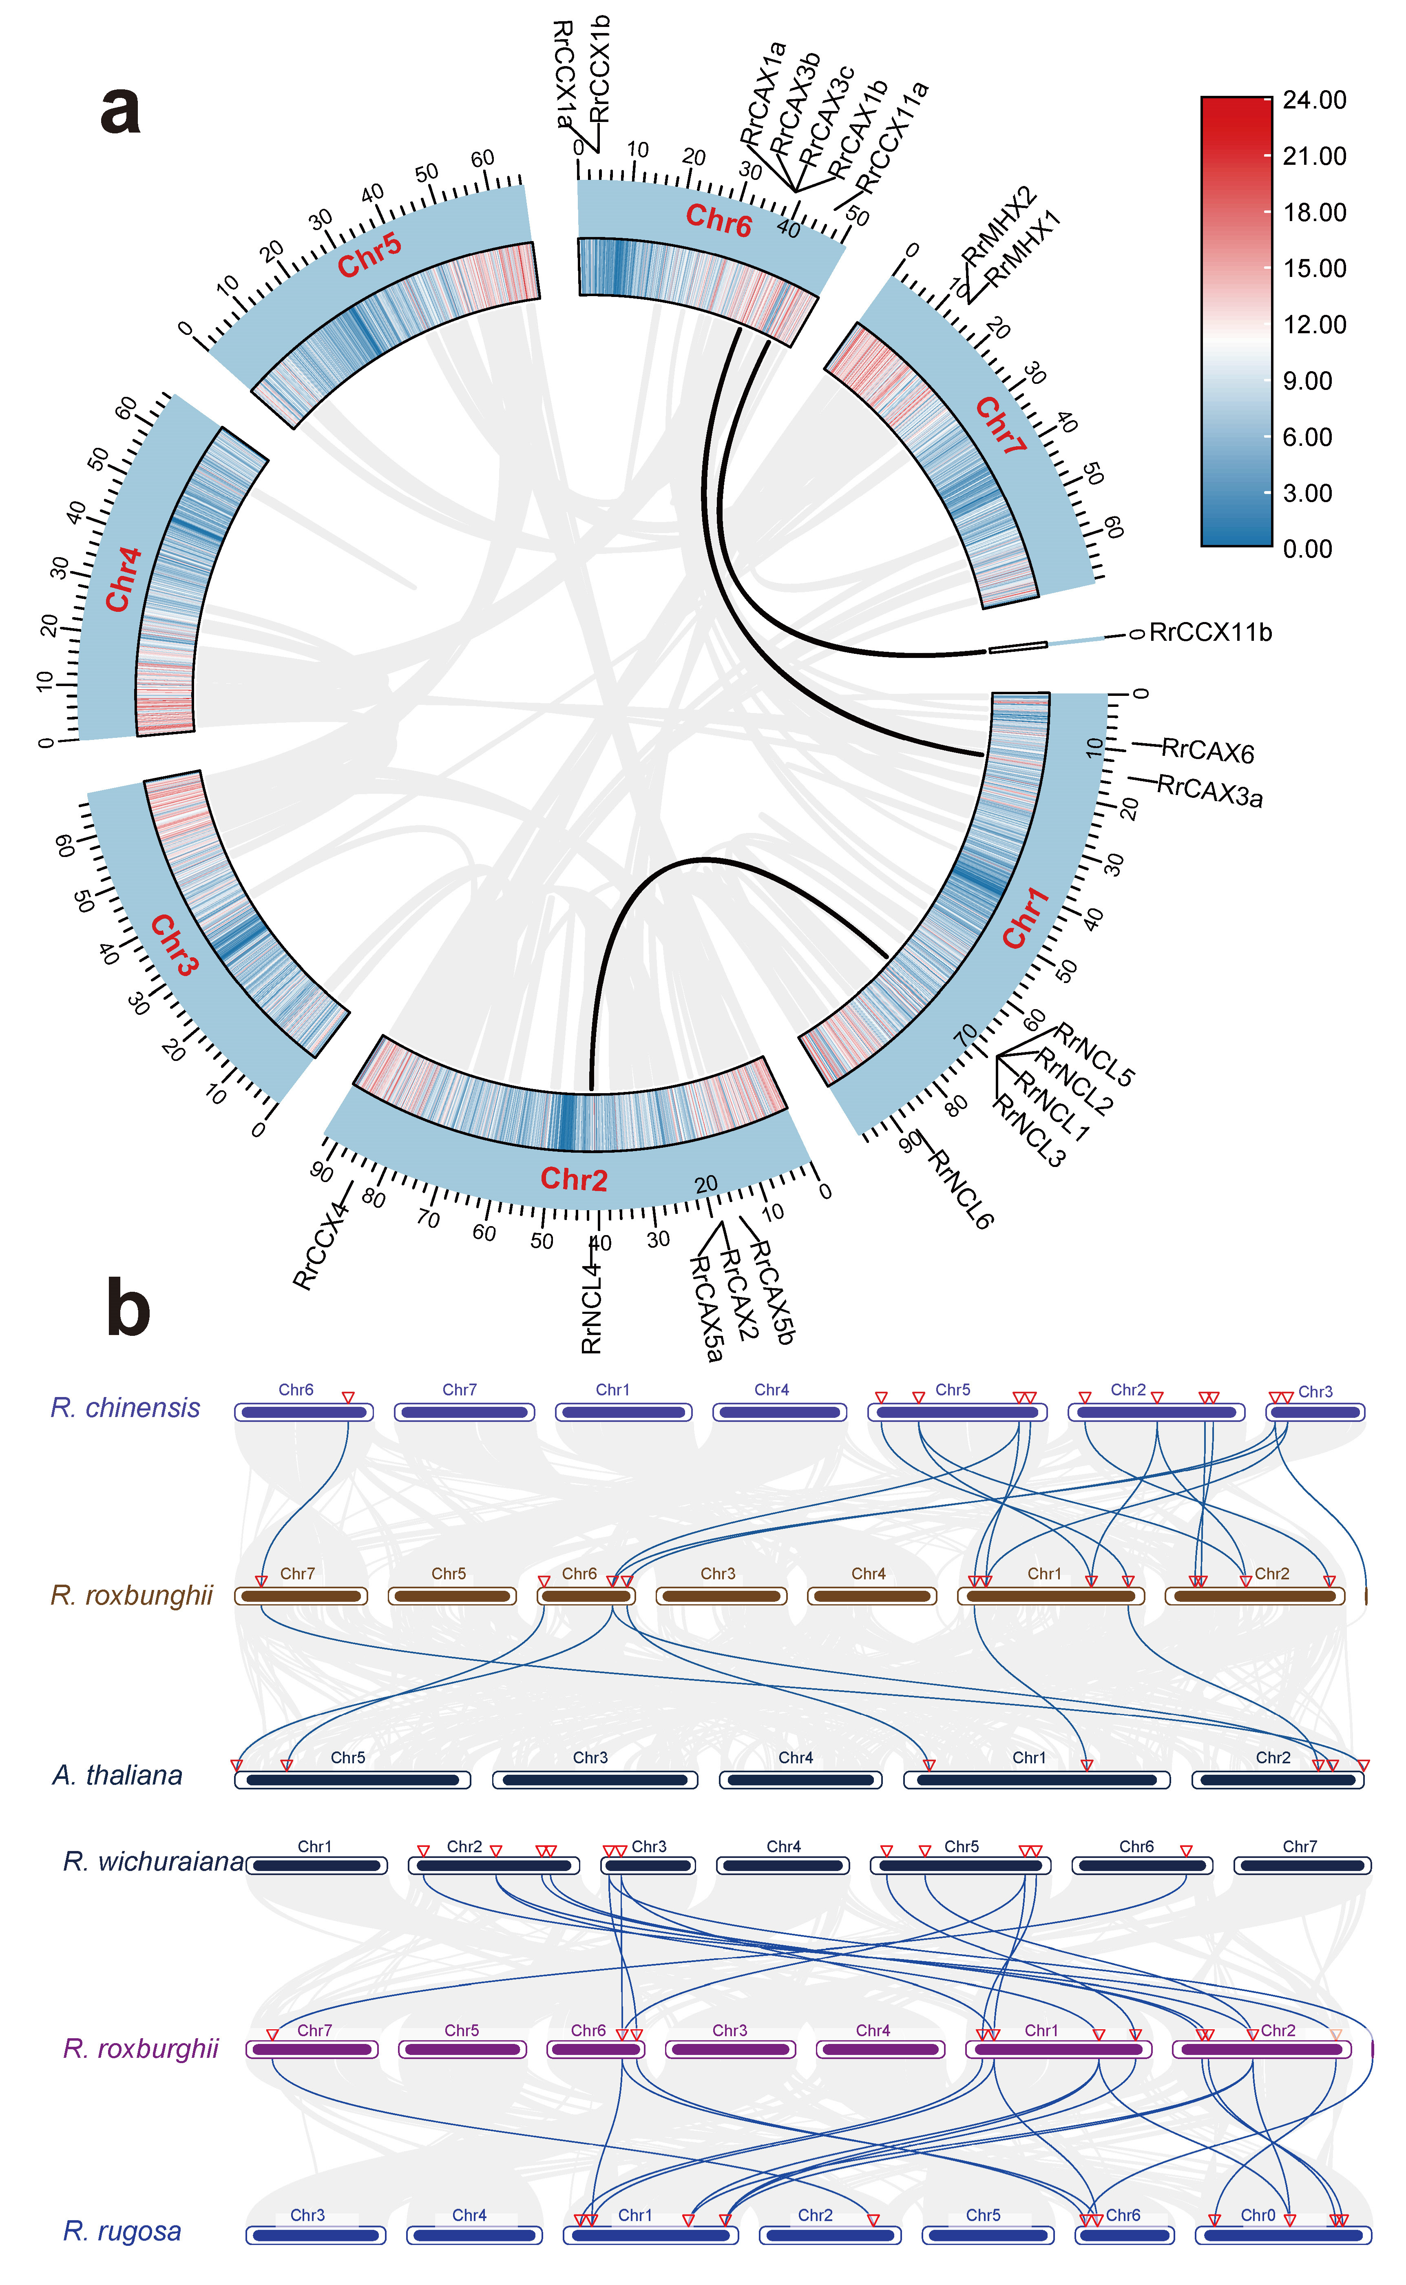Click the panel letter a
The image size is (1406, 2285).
pyautogui.click(x=121, y=110)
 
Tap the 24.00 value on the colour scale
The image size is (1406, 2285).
pyautogui.click(x=1314, y=100)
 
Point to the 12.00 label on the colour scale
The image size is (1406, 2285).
pyautogui.click(x=1314, y=325)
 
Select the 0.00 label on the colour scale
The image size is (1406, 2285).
pyautogui.click(x=1307, y=549)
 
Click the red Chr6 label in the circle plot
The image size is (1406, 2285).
pyautogui.click(x=718, y=220)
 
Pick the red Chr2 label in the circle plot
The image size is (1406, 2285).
pyautogui.click(x=574, y=1179)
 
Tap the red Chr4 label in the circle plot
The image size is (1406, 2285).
pyautogui.click(x=123, y=580)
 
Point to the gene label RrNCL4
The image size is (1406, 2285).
pyautogui.click(x=591, y=1309)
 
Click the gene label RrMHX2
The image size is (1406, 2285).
pyautogui.click(x=998, y=224)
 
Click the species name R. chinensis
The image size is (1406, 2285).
pyautogui.click(x=126, y=1408)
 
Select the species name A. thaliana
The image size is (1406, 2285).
pyautogui.click(x=117, y=1776)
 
